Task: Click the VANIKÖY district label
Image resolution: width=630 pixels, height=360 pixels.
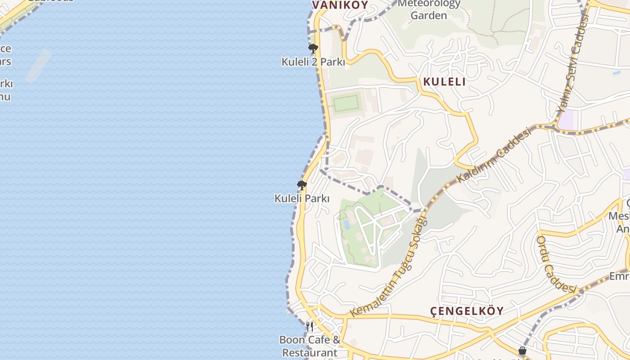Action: pyautogui.click(x=340, y=5)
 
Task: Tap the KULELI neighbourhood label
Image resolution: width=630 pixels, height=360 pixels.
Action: pyautogui.click(x=444, y=81)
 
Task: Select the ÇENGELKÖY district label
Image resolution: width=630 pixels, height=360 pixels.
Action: pyautogui.click(x=467, y=311)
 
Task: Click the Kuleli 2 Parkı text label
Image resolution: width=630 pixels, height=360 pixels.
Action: pyautogui.click(x=313, y=62)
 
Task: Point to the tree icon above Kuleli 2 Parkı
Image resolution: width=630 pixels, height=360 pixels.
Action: pyautogui.click(x=313, y=48)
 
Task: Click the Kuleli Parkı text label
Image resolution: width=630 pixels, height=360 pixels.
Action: pyautogui.click(x=302, y=198)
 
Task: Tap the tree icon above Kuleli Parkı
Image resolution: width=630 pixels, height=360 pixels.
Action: pyautogui.click(x=301, y=185)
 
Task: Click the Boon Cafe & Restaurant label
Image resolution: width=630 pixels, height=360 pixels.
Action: pyautogui.click(x=310, y=346)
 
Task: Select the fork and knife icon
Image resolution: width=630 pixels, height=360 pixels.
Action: pyautogui.click(x=310, y=326)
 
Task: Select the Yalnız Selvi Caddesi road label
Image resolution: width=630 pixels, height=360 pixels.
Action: pyautogui.click(x=573, y=63)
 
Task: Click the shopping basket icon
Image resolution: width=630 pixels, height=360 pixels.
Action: pyautogui.click(x=522, y=350)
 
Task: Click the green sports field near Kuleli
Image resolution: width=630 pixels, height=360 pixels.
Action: pyautogui.click(x=346, y=103)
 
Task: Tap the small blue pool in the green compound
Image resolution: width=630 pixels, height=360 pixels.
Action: pyautogui.click(x=346, y=224)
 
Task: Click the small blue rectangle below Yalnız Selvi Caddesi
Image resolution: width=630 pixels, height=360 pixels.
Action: pyautogui.click(x=616, y=73)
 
